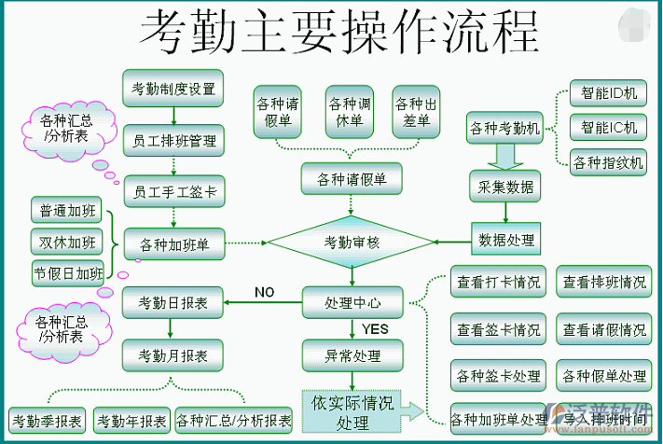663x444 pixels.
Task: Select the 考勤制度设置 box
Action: tap(173, 89)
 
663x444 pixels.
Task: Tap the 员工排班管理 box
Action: tap(173, 141)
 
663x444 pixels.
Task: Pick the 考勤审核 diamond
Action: tap(352, 243)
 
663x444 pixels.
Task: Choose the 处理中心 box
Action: tap(352, 303)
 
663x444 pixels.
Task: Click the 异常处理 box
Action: tap(352, 355)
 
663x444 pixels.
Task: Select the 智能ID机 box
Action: tap(609, 93)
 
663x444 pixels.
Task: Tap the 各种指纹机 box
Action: tap(609, 162)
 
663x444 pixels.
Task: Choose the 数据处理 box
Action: tap(506, 240)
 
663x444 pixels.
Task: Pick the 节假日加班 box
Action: tap(67, 272)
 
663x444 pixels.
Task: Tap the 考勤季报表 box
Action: tap(46, 420)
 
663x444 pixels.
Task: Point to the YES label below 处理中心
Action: tap(375, 329)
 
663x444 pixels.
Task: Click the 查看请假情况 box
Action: tap(604, 329)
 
